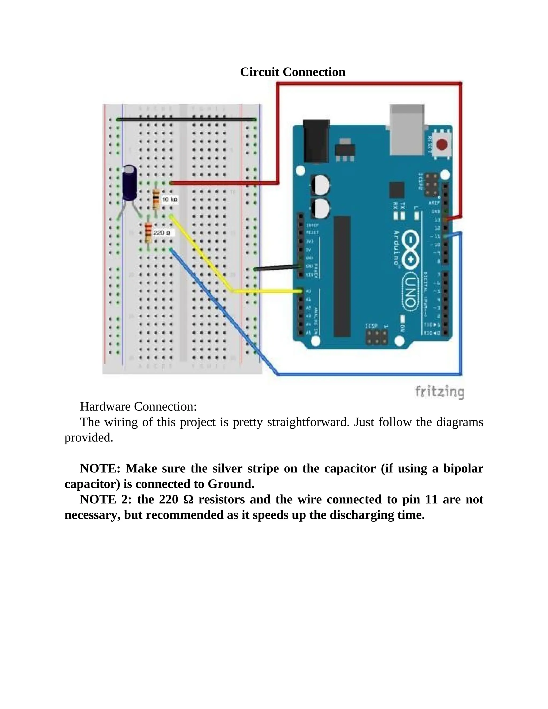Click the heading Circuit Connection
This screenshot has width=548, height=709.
pyautogui.click(x=292, y=72)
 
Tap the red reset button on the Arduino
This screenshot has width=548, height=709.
pyautogui.click(x=442, y=145)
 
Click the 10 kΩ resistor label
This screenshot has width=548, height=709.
pyautogui.click(x=170, y=199)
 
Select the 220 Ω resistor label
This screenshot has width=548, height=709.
pyautogui.click(x=162, y=233)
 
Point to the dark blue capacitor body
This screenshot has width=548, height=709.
pyautogui.click(x=130, y=182)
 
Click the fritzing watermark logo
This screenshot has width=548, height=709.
pyautogui.click(x=440, y=392)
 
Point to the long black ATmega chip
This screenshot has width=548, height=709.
pyautogui.click(x=342, y=276)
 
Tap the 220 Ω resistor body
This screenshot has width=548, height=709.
pyautogui.click(x=148, y=233)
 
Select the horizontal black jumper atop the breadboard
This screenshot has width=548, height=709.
pyautogui.click(x=186, y=120)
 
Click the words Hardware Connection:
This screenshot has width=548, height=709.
pyautogui.click(x=138, y=406)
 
